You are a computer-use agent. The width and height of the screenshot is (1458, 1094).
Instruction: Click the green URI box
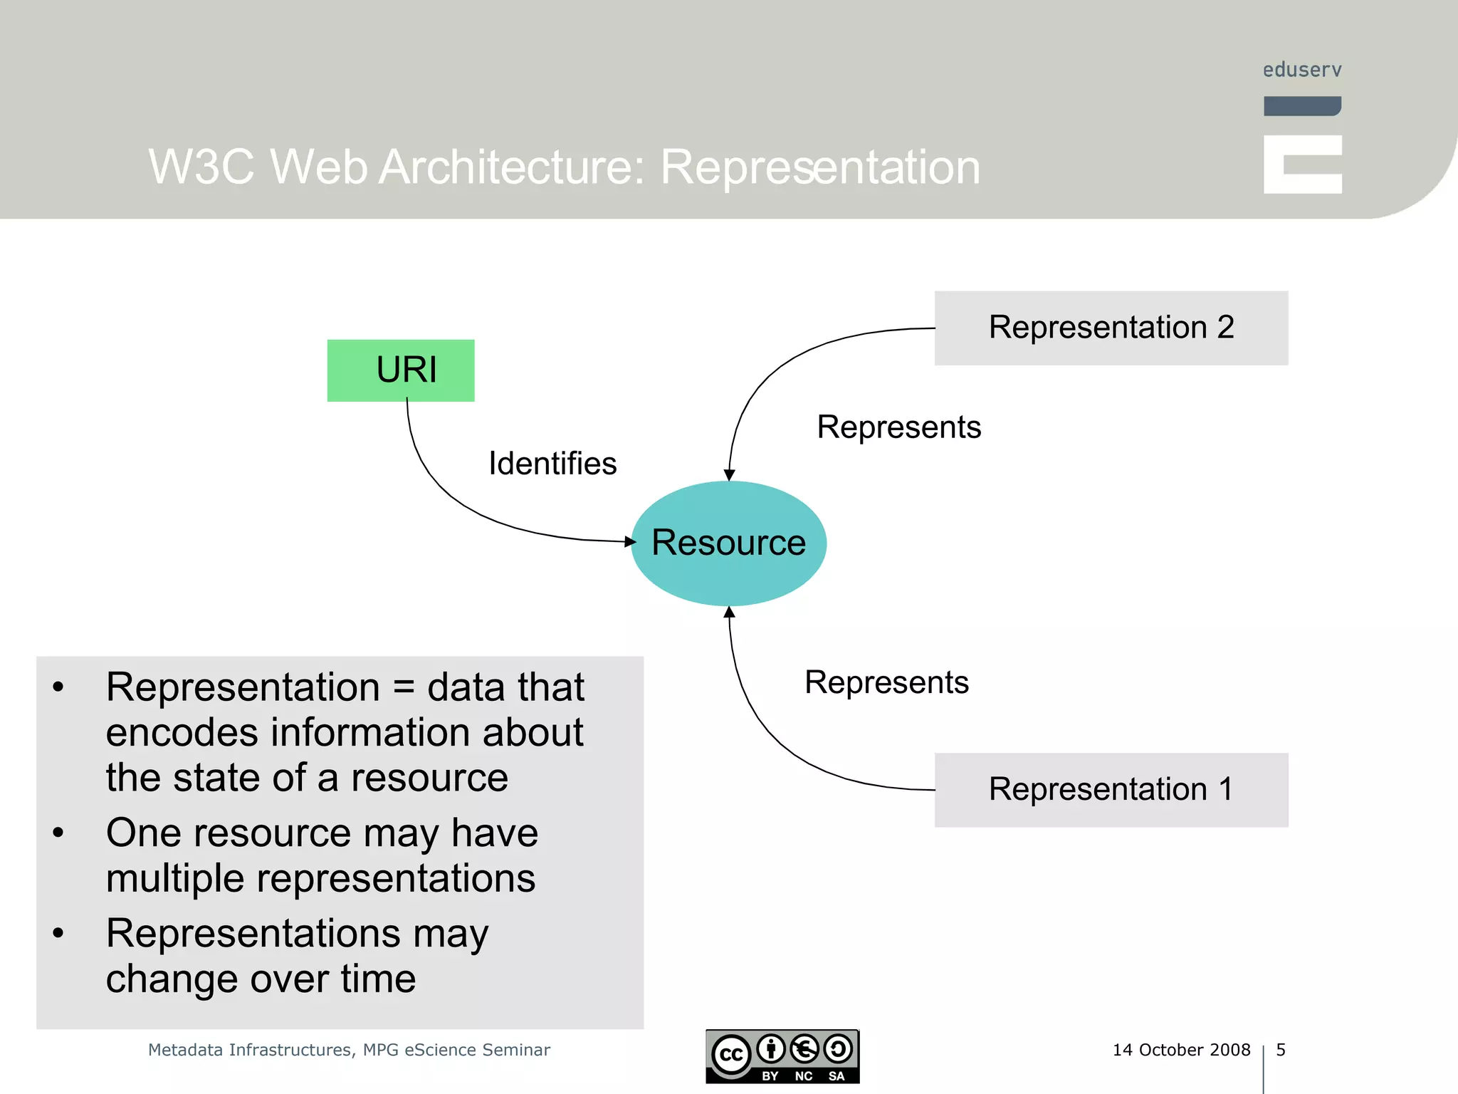pos(401,370)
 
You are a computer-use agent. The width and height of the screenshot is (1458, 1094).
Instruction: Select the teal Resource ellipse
pos(728,543)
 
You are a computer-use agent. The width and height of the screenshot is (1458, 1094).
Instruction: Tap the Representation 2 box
pos(1111,328)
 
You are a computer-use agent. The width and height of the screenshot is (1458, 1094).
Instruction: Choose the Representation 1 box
pos(1111,790)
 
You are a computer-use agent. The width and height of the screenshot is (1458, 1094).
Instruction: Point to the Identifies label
pos(552,464)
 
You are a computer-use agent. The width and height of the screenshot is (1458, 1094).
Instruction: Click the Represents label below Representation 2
pos(898,427)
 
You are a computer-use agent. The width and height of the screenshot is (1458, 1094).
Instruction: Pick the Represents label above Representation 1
pos(886,682)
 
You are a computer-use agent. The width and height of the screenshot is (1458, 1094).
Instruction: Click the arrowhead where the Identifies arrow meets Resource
pos(630,542)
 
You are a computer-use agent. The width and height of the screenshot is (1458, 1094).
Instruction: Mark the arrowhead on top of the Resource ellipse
pos(729,475)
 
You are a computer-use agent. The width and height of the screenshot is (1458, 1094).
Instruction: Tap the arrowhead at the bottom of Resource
pos(729,612)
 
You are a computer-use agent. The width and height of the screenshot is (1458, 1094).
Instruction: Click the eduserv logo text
pos(1302,70)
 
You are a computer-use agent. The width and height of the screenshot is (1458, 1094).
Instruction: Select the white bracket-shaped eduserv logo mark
pos(1302,165)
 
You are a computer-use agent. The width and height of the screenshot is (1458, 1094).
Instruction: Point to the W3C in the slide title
pos(201,167)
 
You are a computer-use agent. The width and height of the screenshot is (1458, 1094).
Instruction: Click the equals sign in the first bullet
pos(403,688)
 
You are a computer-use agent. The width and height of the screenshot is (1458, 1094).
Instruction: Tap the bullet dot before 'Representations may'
pos(58,933)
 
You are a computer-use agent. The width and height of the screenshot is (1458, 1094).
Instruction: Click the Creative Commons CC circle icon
pos(731,1055)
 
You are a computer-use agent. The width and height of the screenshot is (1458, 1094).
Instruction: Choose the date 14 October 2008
pos(1181,1050)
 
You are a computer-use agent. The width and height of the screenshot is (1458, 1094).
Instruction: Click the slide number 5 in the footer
pos(1281,1050)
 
